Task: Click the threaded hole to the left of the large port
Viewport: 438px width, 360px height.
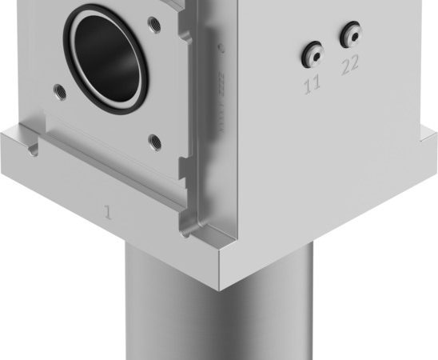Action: coord(58,89)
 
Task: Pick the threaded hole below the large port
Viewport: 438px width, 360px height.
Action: coord(155,143)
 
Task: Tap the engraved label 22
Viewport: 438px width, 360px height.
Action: coord(350,66)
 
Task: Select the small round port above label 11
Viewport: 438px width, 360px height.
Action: coord(311,54)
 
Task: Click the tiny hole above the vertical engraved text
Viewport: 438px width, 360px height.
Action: coord(223,50)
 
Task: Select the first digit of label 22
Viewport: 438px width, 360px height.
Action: coord(345,66)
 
